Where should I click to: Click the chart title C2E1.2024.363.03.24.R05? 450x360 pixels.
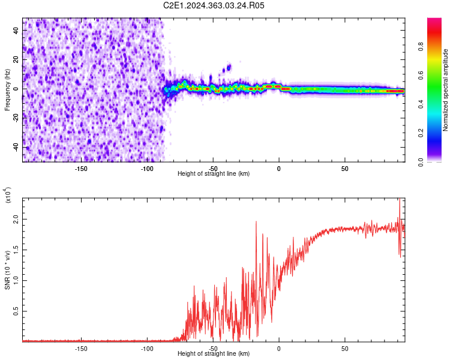coord(214,5)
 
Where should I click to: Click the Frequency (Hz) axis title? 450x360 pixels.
coord(7,90)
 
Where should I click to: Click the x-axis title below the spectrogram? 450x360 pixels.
coord(214,174)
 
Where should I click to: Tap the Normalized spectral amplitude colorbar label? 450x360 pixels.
coord(445,90)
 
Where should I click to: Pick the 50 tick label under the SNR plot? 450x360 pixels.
coord(345,348)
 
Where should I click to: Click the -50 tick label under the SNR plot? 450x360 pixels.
coord(213,348)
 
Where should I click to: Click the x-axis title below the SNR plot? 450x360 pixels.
coord(214,355)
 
